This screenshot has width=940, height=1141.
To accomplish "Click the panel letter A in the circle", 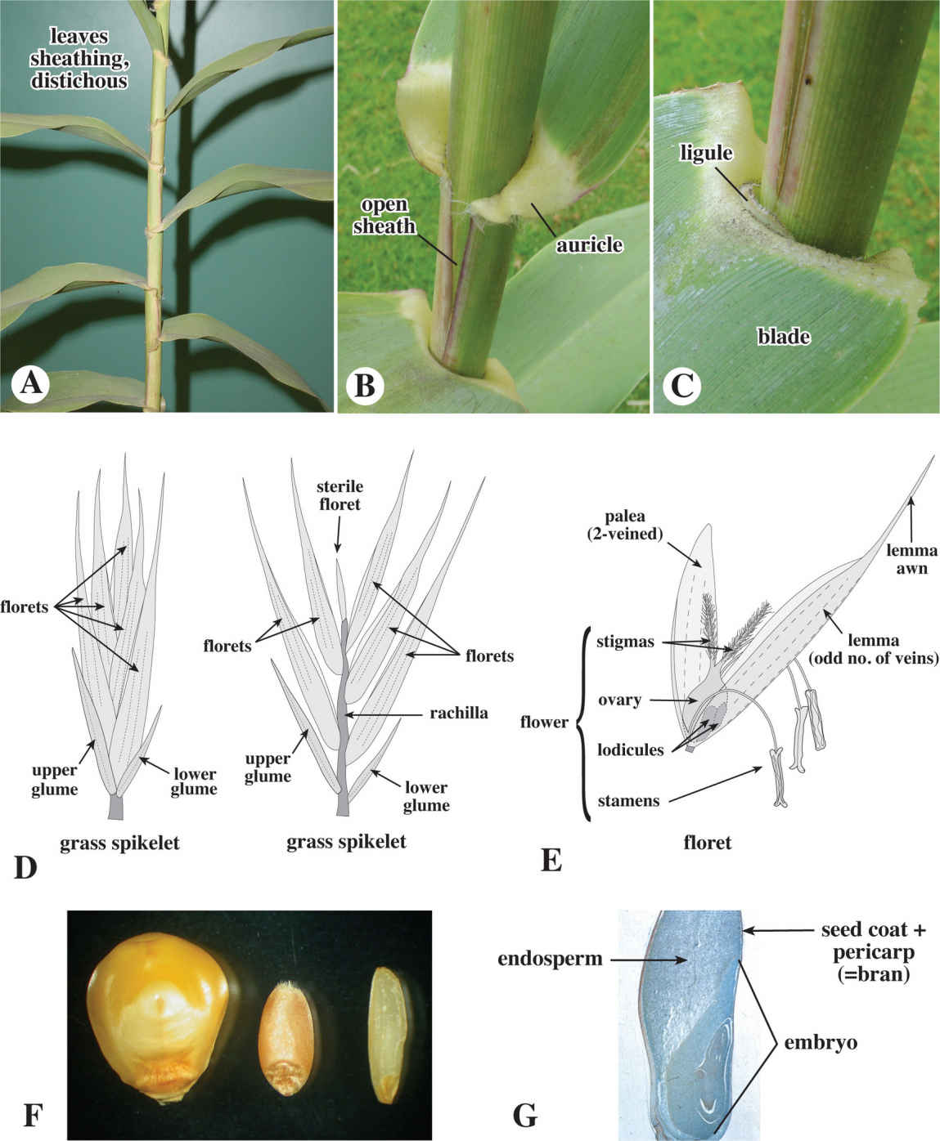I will [32, 383].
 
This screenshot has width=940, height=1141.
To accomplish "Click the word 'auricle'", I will [589, 244].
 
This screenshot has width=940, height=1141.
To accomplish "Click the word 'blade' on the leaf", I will [784, 335].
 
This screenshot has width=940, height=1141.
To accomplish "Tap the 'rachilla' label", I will [458, 713].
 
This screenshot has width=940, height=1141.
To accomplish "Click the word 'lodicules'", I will [630, 749].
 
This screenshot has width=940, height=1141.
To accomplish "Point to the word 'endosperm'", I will [550, 958].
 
